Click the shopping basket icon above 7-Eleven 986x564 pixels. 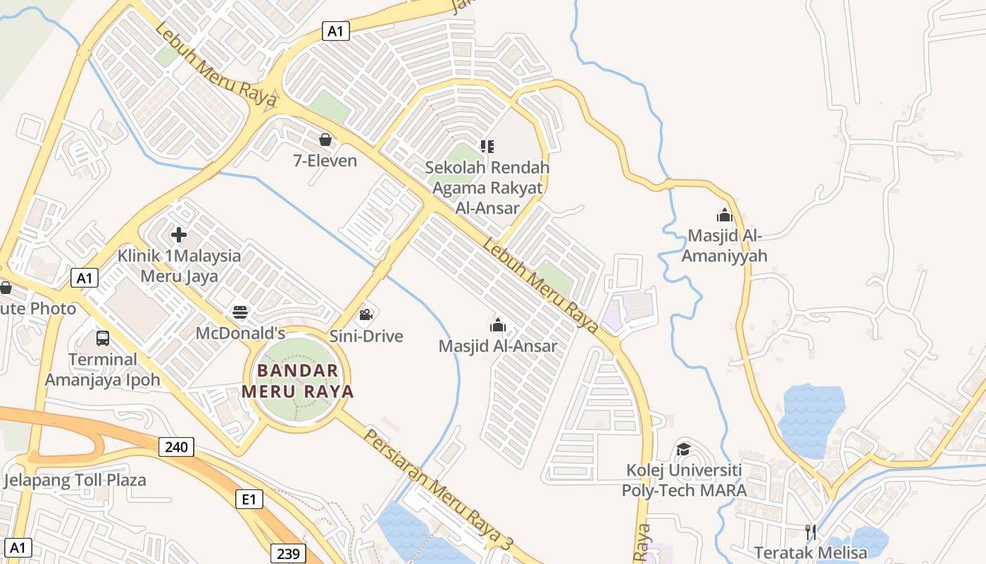click(325, 140)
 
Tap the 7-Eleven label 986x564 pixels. click(325, 161)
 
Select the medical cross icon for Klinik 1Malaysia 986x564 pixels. click(179, 235)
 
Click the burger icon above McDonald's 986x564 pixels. click(240, 312)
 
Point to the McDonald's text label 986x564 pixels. click(240, 333)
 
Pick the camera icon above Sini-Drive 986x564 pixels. click(366, 314)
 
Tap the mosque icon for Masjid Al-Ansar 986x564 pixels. click(498, 325)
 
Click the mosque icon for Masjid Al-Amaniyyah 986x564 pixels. click(724, 215)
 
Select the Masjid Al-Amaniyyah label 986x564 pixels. click(724, 245)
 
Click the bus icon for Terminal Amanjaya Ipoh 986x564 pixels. click(103, 338)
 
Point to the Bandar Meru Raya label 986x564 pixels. click(297, 381)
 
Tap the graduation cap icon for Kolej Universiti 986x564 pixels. click(683, 449)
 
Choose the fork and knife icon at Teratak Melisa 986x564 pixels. click(810, 531)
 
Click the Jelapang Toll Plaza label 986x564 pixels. click(75, 481)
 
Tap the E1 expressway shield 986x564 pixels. click(249, 500)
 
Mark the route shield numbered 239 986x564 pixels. click(288, 553)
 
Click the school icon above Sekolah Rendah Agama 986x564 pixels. click(487, 147)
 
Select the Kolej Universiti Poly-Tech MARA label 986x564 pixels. click(684, 480)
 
